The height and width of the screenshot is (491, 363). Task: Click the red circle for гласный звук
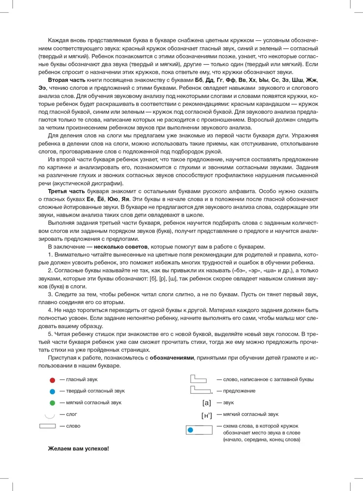coord(52,380)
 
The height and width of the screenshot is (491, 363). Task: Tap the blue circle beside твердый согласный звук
coord(52,391)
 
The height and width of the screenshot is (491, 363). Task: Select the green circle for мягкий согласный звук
coord(52,403)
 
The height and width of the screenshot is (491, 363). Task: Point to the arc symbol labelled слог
coord(49,415)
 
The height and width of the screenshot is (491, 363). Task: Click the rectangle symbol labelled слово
coord(47,426)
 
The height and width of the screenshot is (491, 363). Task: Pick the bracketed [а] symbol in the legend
coord(206,404)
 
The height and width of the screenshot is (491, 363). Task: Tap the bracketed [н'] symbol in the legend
coord(206,415)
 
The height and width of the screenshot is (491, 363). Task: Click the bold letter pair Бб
coord(198,80)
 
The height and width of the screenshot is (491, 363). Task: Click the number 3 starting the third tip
coord(50,294)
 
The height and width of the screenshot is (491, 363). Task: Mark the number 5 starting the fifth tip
coord(50,333)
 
